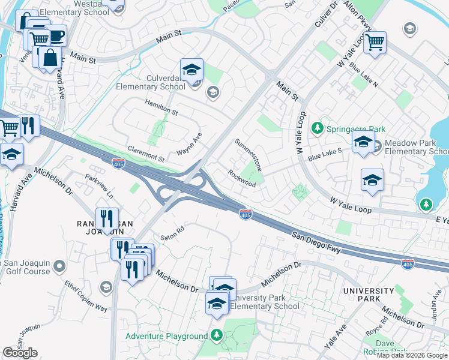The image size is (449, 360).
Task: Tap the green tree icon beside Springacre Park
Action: pos(318,128)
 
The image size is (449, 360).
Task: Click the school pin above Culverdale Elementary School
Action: pos(192,70)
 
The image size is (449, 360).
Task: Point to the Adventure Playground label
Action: pos(166,336)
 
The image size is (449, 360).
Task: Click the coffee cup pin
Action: pos(56,37)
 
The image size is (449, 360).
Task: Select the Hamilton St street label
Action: pos(161,108)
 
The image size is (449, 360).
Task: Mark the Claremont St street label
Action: pos(146,154)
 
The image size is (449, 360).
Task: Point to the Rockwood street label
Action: pos(242,178)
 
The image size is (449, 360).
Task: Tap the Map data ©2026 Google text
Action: pos(412,355)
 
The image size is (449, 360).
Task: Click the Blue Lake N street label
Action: pos(365,76)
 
